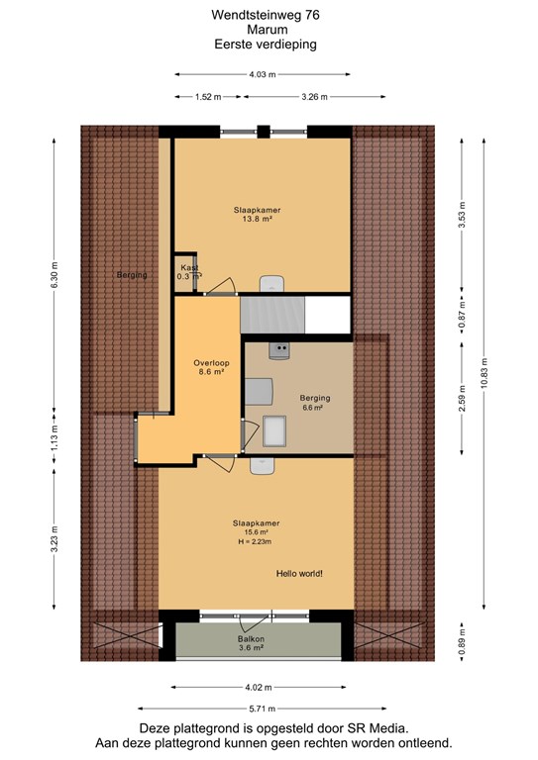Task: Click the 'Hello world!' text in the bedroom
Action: click(x=299, y=573)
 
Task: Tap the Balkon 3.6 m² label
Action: click(x=251, y=643)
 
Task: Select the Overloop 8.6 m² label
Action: click(x=211, y=367)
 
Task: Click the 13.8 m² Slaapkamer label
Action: click(x=258, y=214)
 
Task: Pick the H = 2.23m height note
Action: click(x=255, y=541)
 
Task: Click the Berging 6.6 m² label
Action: click(x=315, y=403)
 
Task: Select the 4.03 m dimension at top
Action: click(x=263, y=74)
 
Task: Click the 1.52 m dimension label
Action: click(x=208, y=97)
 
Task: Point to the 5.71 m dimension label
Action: click(x=263, y=709)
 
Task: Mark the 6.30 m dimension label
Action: click(x=54, y=275)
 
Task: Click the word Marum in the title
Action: click(x=268, y=30)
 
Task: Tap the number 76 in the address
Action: click(x=312, y=15)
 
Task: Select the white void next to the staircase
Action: click(x=328, y=315)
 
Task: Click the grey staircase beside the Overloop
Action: click(x=272, y=315)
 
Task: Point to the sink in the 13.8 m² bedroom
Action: click(x=271, y=284)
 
